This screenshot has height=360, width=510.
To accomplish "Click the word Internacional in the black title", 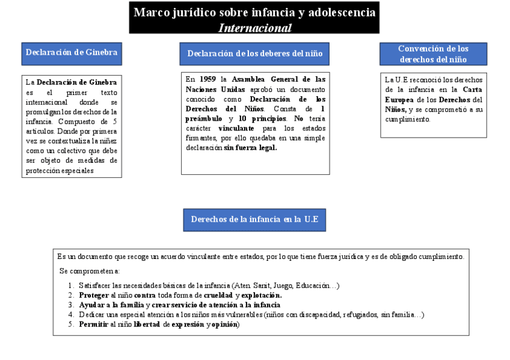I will pyautogui.click(x=255, y=28).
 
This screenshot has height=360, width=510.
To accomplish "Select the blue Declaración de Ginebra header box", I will pyautogui.click(x=71, y=53).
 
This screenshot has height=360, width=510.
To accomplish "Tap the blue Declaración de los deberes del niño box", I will pyautogui.click(x=255, y=54).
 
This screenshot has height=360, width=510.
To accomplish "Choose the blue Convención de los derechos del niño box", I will pyautogui.click(x=433, y=54).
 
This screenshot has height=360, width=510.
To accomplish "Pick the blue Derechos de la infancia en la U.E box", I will pyautogui.click(x=254, y=219).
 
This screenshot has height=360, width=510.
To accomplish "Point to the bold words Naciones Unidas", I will pyautogui.click(x=215, y=89).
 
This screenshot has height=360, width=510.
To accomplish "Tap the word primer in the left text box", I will pyautogui.click(x=78, y=93).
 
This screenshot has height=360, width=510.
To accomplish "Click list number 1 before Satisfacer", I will pyautogui.click(x=71, y=285).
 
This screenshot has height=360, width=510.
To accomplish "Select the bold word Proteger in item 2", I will pyautogui.click(x=94, y=295).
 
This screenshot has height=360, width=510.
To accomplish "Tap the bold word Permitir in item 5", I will pyautogui.click(x=93, y=324).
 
